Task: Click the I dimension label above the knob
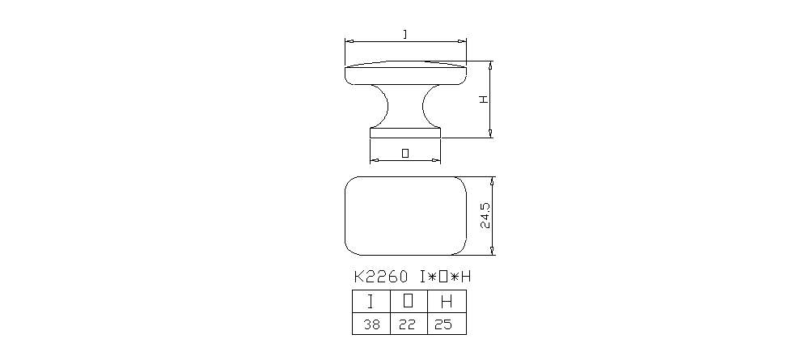404,33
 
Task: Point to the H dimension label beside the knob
483,99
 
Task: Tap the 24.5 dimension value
484,215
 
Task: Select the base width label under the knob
405,153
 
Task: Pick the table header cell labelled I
371,303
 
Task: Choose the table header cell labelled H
447,303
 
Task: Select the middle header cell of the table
409,303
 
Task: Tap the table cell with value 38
371,324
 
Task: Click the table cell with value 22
409,324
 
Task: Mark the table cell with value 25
447,324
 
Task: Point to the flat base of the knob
405,132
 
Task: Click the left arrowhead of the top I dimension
348,40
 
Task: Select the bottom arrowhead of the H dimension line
491,134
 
